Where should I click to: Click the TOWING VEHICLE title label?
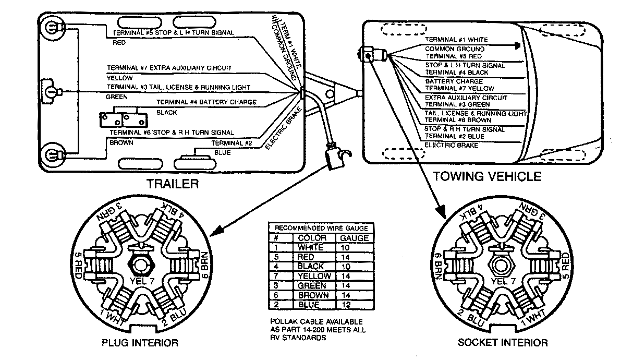[486, 176]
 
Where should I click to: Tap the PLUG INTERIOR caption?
[139, 343]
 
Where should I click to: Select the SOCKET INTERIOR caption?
[503, 343]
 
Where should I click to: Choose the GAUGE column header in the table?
[354, 238]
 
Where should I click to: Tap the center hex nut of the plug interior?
[140, 265]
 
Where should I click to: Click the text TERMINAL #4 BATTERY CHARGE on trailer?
[206, 103]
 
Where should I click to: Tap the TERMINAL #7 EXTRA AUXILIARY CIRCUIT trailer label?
[169, 68]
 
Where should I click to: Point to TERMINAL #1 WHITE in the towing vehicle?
[456, 40]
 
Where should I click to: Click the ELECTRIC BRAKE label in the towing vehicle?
[451, 146]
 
